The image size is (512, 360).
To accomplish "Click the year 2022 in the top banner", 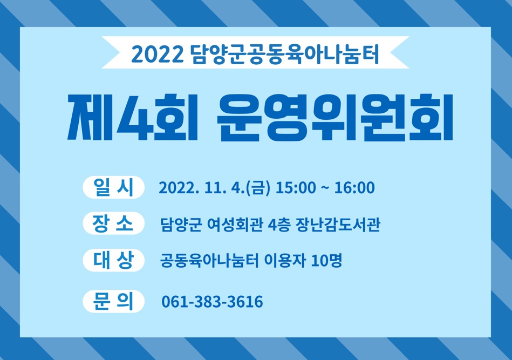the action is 158,54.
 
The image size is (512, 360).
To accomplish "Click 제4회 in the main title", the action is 133,117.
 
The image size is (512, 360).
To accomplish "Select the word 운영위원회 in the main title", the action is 335,118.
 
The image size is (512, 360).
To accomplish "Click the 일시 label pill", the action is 114,187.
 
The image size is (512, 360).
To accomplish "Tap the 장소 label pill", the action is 114,223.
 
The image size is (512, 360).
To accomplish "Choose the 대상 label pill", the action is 114,260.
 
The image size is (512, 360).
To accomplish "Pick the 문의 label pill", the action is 114,301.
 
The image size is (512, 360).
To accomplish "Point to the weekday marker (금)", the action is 258,188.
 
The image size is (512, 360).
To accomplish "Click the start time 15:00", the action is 296,188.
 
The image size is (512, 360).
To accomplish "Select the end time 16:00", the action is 354,188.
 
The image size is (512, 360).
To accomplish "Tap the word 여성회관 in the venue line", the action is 235,225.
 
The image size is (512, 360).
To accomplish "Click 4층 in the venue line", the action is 279,225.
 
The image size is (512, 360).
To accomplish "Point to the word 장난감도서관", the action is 338,225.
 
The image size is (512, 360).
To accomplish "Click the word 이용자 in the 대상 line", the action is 285,261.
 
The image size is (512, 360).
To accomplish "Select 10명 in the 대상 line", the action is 326,261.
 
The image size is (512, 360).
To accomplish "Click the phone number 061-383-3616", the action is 212,302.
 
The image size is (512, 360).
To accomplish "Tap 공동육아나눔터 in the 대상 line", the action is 209,261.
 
